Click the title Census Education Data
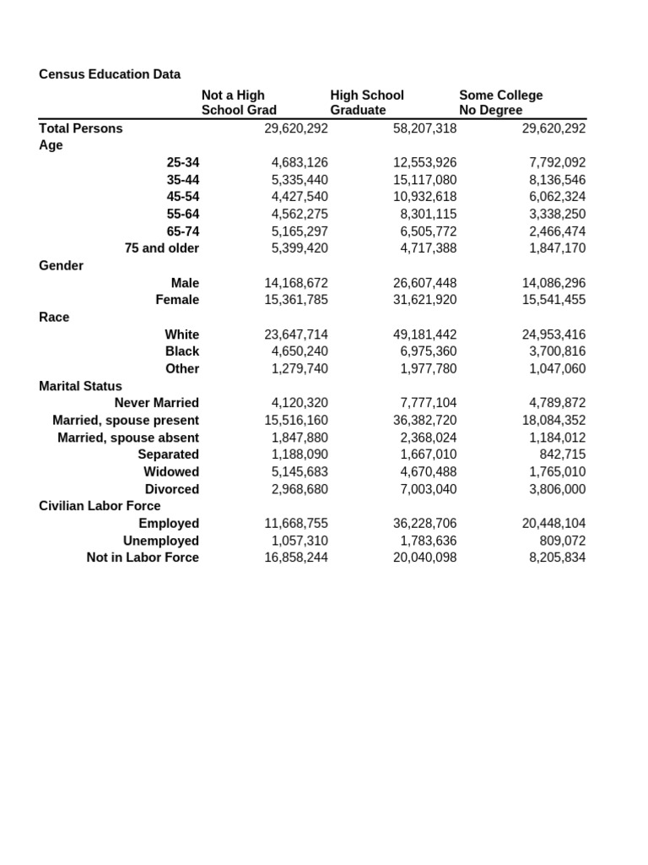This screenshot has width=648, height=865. pyautogui.click(x=110, y=74)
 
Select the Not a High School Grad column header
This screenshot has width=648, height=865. pyautogui.click(x=239, y=103)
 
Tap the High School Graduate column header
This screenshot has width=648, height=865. pyautogui.click(x=367, y=103)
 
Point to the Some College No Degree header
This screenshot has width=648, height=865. pyautogui.click(x=500, y=103)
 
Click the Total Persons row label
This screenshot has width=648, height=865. pyautogui.click(x=81, y=128)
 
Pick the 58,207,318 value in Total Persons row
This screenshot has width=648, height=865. pyautogui.click(x=424, y=128)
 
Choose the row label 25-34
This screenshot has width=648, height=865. pyautogui.click(x=183, y=162)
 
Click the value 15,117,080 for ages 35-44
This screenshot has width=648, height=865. pyautogui.click(x=424, y=180)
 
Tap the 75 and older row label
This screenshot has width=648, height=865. pyautogui.click(x=162, y=248)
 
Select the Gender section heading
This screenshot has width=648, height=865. pyautogui.click(x=61, y=266)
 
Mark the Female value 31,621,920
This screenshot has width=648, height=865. pyautogui.click(x=424, y=300)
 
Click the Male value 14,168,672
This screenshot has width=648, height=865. pyautogui.click(x=295, y=283)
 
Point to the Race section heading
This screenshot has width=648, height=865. pyautogui.click(x=54, y=318)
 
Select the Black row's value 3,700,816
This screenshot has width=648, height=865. pyautogui.click(x=553, y=351)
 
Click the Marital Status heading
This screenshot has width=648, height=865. pyautogui.click(x=80, y=386)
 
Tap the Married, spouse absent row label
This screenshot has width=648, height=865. pyautogui.click(x=128, y=438)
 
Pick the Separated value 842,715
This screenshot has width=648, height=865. pyautogui.click(x=562, y=454)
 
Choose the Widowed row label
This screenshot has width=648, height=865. pyautogui.click(x=171, y=472)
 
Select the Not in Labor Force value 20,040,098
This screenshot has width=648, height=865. pyautogui.click(x=424, y=558)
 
